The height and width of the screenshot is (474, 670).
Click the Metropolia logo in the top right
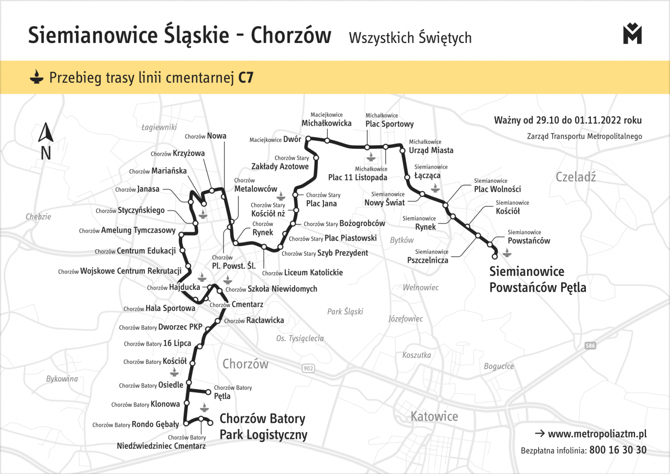[632, 34]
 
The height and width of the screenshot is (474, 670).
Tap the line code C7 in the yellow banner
[245, 78]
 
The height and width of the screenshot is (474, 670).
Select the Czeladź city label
[576, 177]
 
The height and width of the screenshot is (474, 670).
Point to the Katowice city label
[434, 417]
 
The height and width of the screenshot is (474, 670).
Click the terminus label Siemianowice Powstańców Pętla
[538, 280]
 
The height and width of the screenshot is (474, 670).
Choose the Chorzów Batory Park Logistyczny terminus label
[263, 427]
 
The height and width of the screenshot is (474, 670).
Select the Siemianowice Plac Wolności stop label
[497, 185]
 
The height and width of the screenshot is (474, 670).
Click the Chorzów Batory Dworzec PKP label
[161, 327]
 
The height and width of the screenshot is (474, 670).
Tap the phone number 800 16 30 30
[618, 450]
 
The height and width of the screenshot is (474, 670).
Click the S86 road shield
[590, 346]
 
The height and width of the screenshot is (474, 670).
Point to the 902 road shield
[308, 369]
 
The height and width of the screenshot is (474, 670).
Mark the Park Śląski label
[345, 312]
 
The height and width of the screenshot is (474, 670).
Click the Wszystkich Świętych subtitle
[409, 38]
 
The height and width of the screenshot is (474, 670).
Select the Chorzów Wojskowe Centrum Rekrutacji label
[120, 271]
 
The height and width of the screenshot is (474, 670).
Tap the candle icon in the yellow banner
[36, 78]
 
